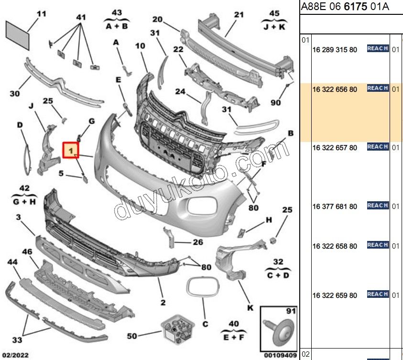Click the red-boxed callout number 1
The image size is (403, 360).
coord(71,151)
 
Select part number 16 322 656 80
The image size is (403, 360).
coord(335,89)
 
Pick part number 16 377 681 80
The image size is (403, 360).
coord(335,207)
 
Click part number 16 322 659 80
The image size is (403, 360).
coord(335,295)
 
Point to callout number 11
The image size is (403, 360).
coord(42,14)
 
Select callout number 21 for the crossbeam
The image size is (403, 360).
coord(239,14)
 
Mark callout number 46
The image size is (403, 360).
coord(27,251)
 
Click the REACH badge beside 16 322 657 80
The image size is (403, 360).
coord(378,147)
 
